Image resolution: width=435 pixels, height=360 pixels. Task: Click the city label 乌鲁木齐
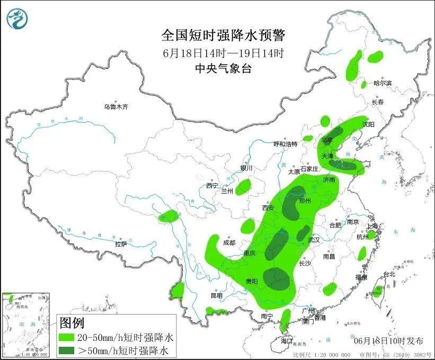point(116,107)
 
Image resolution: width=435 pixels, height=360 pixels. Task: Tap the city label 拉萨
point(121,244)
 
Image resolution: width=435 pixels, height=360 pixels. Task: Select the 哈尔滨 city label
point(382,83)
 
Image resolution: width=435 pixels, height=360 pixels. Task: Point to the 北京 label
point(326,140)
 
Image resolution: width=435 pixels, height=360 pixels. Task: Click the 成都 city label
point(229,243)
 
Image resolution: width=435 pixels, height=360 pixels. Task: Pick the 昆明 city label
point(217,295)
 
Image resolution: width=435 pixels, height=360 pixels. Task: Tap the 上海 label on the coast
point(372,226)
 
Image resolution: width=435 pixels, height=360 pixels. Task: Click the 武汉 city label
point(314,240)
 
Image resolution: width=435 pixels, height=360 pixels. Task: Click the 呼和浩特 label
point(286,144)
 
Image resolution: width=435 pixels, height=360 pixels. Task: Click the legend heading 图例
point(72,322)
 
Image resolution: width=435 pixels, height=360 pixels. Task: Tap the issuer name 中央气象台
point(223,68)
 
